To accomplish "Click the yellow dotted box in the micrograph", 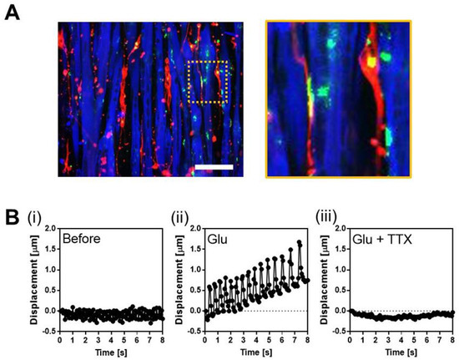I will coord(208,84).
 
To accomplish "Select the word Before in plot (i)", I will coord(83,240).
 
